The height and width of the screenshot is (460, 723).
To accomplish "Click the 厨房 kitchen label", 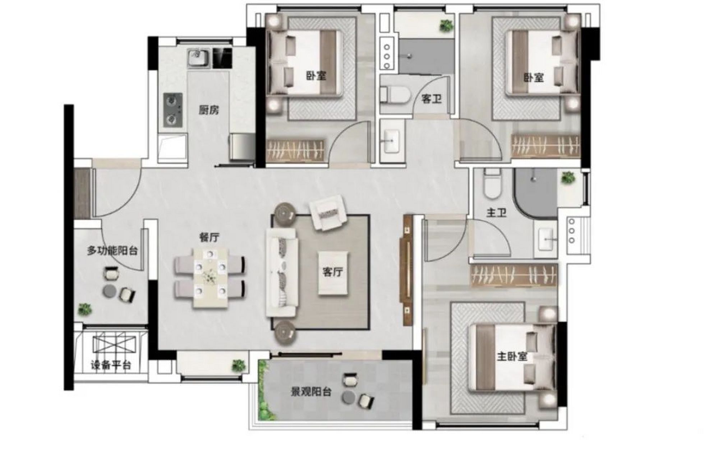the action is click(209, 110).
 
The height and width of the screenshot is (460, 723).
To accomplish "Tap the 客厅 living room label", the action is click(332, 272).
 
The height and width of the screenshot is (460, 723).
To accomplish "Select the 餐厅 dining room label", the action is click(209, 237).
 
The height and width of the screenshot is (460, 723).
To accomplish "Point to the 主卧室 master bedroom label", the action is click(512, 356).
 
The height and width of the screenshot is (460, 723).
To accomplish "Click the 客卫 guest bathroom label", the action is click(431, 98).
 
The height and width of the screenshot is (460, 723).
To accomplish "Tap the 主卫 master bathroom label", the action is click(496, 213).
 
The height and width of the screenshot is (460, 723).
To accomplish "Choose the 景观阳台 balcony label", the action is click(311, 392).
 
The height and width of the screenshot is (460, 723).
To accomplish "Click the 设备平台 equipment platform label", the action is click(111, 366).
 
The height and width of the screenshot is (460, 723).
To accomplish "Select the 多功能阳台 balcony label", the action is click(112, 250).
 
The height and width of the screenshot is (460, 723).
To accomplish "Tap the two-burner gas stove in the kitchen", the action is click(173, 110).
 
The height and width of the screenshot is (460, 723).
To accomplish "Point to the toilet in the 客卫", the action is click(395, 94).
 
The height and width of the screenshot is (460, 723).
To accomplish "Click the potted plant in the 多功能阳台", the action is click(85, 309).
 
